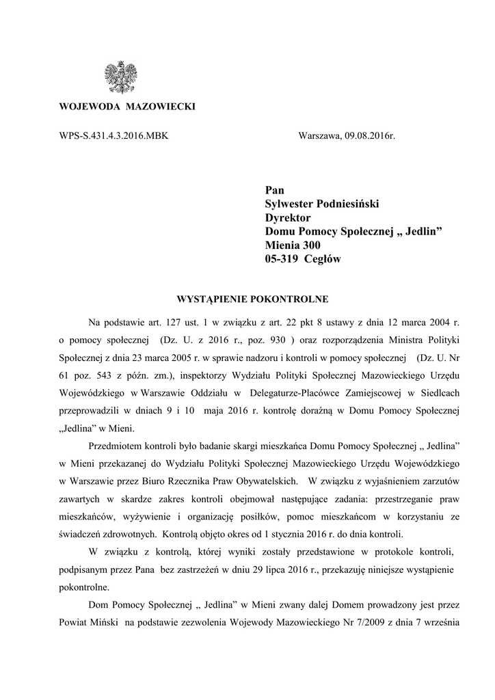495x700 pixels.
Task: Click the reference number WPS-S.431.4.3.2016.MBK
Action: (114, 136)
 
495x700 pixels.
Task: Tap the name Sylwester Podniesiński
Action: (321, 204)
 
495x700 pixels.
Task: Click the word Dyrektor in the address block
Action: (287, 217)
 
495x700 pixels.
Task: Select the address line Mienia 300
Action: (292, 245)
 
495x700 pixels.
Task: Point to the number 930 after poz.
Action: (277, 340)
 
